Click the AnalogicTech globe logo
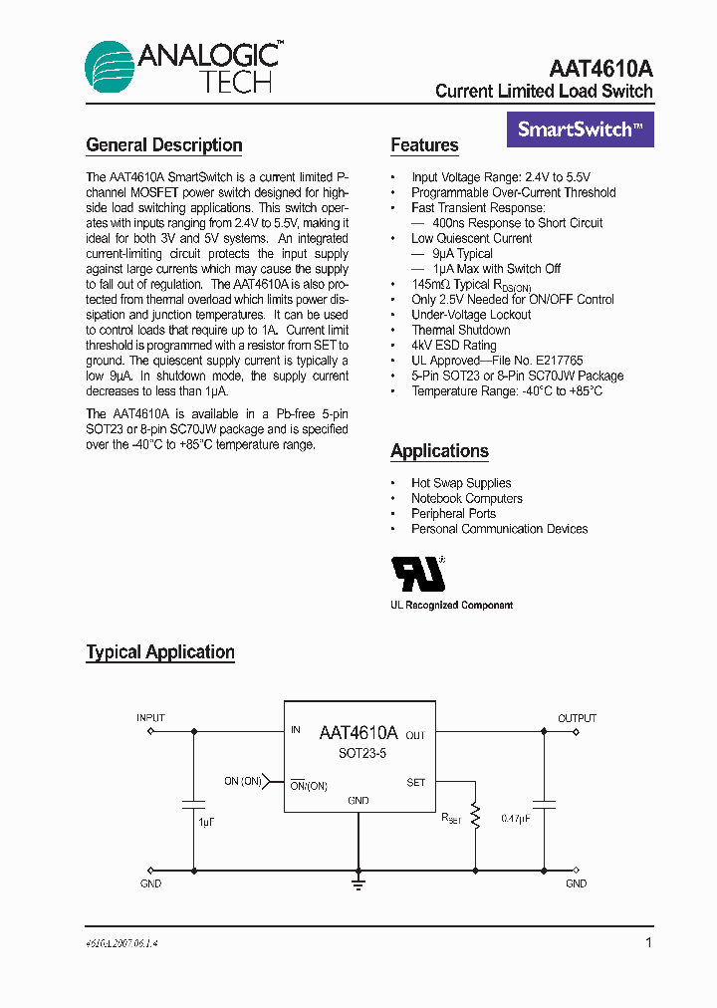tap(109, 67)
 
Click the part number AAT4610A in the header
tap(600, 69)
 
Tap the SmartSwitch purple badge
tap(581, 129)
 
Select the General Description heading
tap(164, 145)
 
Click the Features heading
tap(424, 145)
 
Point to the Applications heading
tap(439, 451)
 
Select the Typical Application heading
tap(160, 652)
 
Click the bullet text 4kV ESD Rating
tap(453, 346)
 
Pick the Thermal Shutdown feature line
tap(460, 330)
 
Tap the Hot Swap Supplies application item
tap(461, 483)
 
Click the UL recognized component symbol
tap(416, 575)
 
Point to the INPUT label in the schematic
tap(151, 718)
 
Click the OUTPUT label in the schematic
tap(577, 718)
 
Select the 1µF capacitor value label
tap(206, 821)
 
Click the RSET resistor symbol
tap(476, 817)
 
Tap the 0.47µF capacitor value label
tap(515, 819)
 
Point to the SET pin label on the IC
tap(415, 783)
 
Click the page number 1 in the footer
tap(648, 942)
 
